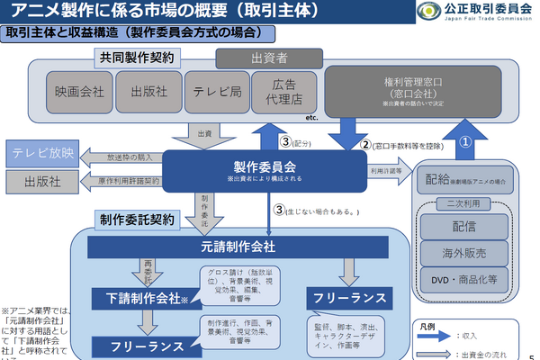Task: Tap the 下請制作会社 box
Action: pos(139,299)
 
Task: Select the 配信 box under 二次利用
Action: pos(466,223)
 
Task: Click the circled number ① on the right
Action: pos(465,141)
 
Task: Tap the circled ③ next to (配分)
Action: pos(284,142)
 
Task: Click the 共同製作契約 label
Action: pos(150,58)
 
